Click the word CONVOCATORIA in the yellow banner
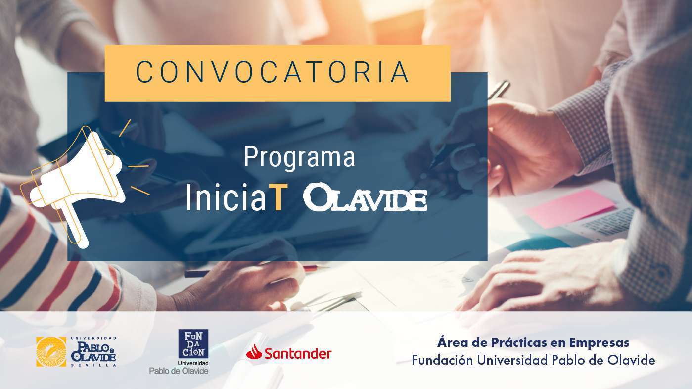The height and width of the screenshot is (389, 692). click(x=273, y=72)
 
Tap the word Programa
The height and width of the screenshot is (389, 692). click(x=299, y=158)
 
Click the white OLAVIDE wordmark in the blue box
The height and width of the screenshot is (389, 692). click(x=366, y=197)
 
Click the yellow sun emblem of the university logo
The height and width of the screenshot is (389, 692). click(x=51, y=351)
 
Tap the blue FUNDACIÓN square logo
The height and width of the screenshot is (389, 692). click(x=193, y=344)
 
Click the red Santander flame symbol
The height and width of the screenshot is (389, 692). click(x=254, y=352)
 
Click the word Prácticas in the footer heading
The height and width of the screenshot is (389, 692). click(x=519, y=343)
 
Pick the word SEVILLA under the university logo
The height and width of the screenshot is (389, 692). click(x=93, y=365)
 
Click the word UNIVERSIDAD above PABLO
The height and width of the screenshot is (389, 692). click(x=93, y=338)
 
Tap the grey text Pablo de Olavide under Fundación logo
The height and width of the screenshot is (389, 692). click(x=179, y=371)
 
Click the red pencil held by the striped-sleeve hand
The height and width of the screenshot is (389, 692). click(x=256, y=270)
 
